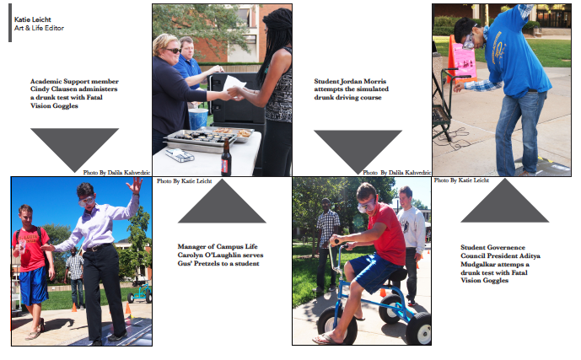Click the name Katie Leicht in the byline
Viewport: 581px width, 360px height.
tap(33, 19)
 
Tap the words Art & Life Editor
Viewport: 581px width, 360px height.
tap(39, 28)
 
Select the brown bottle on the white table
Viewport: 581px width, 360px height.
tap(226, 157)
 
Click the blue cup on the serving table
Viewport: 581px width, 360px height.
tap(198, 119)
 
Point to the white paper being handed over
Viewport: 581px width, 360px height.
tap(234, 84)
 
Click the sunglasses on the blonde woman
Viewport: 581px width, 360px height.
tap(173, 51)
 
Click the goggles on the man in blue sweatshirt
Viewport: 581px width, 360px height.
tap(468, 41)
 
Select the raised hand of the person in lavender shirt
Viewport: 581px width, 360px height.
tap(135, 185)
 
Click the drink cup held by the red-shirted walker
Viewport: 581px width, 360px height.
tap(22, 246)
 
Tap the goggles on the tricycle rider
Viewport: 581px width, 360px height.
tap(367, 204)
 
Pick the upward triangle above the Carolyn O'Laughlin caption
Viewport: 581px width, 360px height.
tap(222, 201)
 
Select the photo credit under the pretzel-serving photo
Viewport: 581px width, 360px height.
tap(184, 180)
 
